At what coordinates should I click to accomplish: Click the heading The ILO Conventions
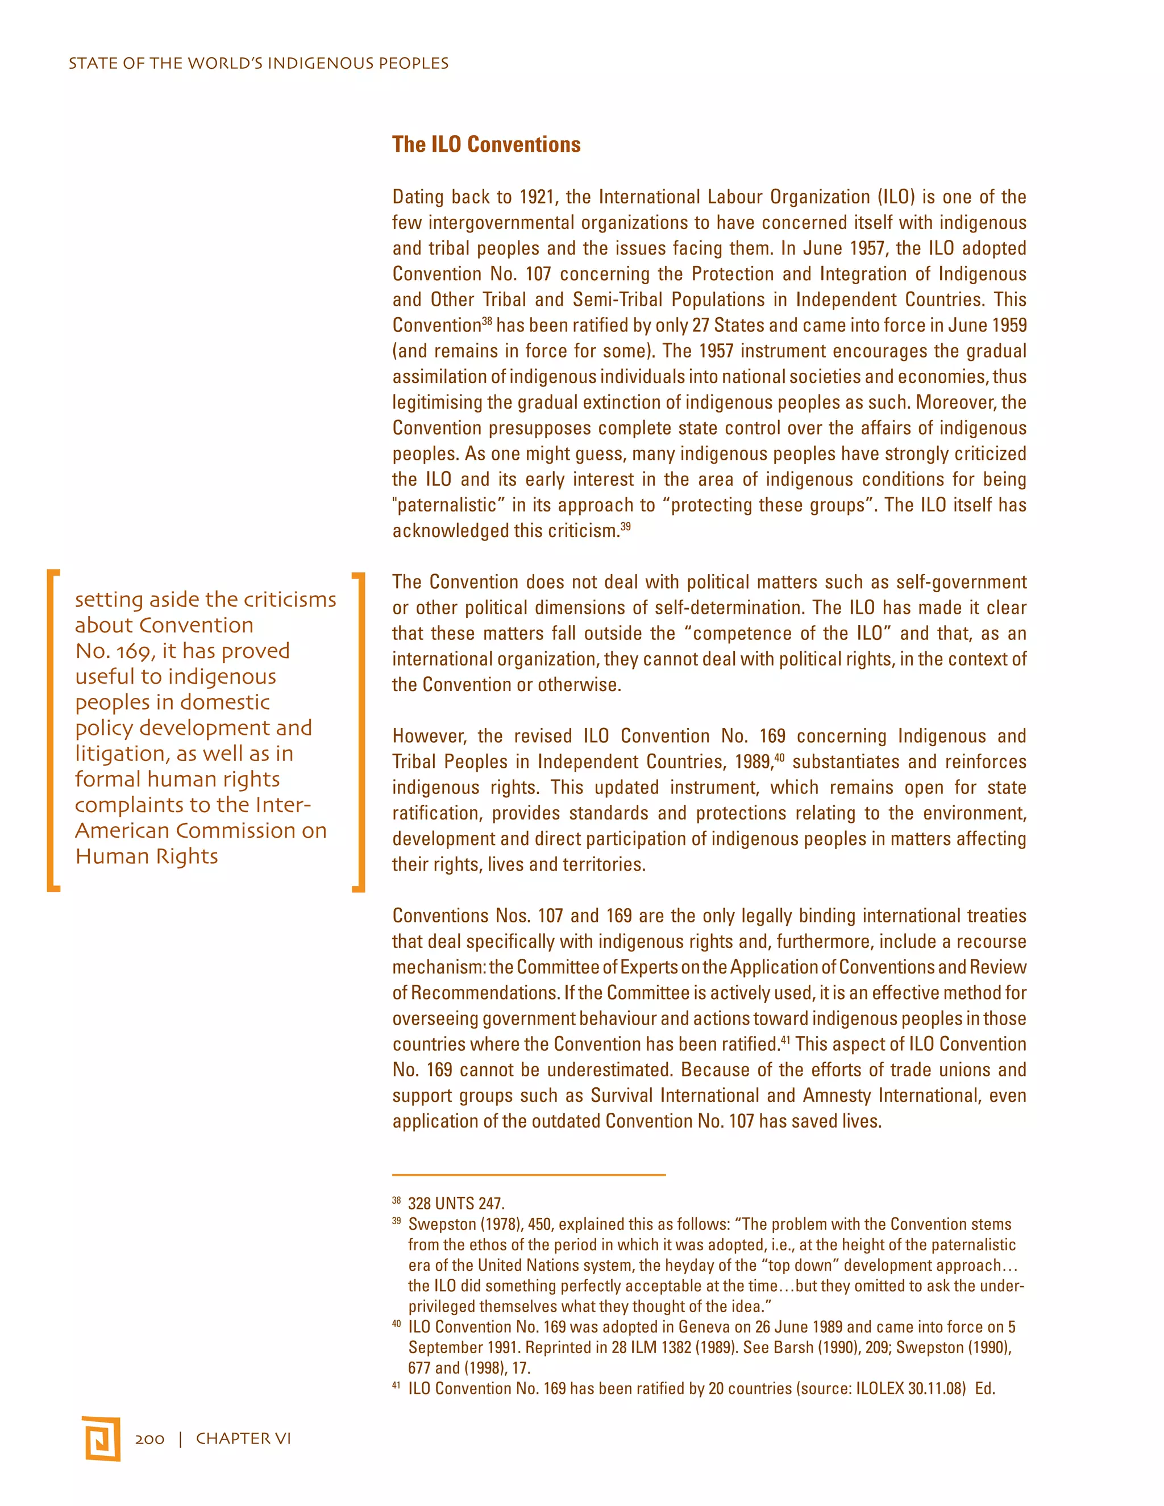click(486, 144)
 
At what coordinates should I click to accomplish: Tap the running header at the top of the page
click(259, 64)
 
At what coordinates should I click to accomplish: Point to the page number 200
click(149, 1438)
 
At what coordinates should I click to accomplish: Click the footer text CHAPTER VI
click(243, 1438)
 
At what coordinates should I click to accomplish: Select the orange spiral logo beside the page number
click(102, 1438)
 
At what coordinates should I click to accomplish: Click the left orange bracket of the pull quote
click(53, 730)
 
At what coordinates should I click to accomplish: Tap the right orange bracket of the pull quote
click(359, 731)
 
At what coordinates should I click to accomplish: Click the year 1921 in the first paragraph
click(537, 197)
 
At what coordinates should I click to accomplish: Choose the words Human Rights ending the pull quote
click(147, 856)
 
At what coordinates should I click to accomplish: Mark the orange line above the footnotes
click(529, 1174)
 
